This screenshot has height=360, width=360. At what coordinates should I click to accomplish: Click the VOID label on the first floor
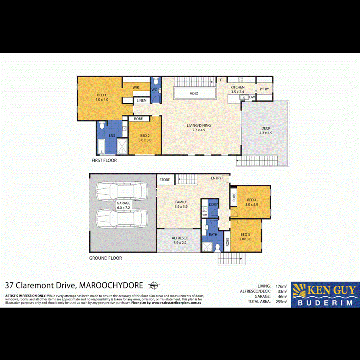pyautogui.click(x=193, y=94)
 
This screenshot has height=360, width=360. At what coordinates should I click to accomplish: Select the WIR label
pyautogui.click(x=136, y=86)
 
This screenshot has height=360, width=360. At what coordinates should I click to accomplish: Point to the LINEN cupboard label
pyautogui.click(x=142, y=100)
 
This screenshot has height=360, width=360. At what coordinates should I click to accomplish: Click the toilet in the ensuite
pyautogui.click(x=101, y=125)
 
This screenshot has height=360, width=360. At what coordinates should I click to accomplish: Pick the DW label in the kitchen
pyautogui.click(x=252, y=97)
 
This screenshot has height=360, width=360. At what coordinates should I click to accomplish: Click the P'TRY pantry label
pyautogui.click(x=264, y=89)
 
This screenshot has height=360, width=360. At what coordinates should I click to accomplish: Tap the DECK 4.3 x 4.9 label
pyautogui.click(x=266, y=130)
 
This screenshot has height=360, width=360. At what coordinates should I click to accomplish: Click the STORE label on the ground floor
pyautogui.click(x=164, y=180)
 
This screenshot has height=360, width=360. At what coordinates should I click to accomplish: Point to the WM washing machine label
pyautogui.click(x=205, y=215)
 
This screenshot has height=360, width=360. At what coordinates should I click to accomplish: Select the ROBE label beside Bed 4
pyautogui.click(x=234, y=197)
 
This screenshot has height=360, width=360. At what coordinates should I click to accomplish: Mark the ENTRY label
pyautogui.click(x=216, y=178)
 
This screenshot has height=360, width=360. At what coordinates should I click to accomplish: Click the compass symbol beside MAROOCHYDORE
pyautogui.click(x=153, y=285)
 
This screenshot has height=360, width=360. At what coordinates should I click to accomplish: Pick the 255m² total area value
pyautogui.click(x=282, y=302)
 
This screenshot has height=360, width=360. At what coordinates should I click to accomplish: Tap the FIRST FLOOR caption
pyautogui.click(x=104, y=160)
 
